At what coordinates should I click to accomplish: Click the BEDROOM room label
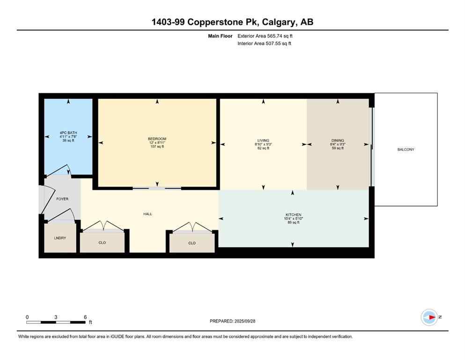point(157,139)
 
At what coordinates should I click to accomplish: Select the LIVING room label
point(263,141)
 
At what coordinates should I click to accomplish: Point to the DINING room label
point(338,141)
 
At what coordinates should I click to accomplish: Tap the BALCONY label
point(406,150)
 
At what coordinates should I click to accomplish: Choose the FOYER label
point(62,199)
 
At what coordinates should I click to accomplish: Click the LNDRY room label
point(59,238)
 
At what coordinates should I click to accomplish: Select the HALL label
point(148,214)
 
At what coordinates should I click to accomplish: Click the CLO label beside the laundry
point(103,243)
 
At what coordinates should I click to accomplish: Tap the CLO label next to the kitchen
point(192,243)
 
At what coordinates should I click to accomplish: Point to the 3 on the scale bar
point(56,317)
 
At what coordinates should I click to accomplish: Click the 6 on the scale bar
point(85,317)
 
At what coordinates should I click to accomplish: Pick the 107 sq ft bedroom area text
point(157,147)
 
